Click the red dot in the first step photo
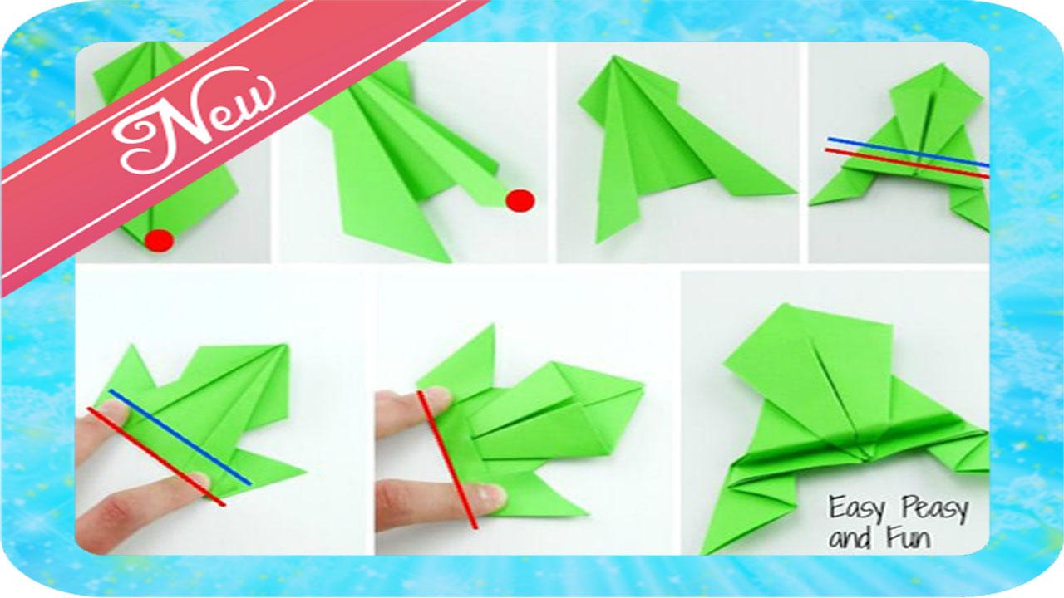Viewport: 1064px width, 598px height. click(159, 241)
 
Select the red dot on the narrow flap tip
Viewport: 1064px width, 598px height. click(520, 200)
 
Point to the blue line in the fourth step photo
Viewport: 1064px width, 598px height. click(908, 152)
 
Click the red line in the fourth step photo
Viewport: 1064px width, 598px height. click(908, 164)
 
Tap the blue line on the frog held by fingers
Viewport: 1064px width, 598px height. click(180, 437)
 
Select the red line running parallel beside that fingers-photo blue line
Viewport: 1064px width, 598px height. click(156, 457)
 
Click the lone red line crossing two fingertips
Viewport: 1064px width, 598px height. click(446, 459)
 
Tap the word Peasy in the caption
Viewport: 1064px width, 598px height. click(933, 509)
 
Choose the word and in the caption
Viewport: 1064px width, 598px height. click(852, 539)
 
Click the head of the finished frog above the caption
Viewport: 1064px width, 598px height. click(807, 351)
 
